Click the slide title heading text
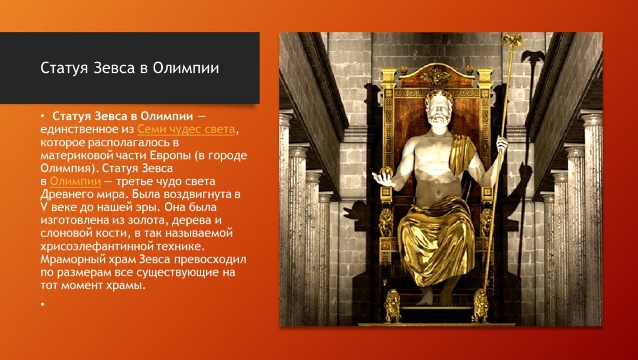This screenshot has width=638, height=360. coord(130,69)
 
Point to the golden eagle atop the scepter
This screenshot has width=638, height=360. coord(513,40)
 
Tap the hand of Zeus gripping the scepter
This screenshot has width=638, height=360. coord(501,144)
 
